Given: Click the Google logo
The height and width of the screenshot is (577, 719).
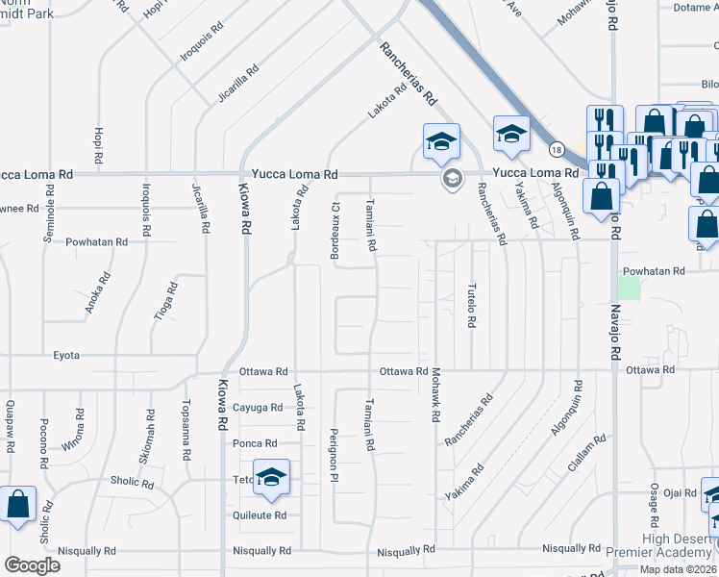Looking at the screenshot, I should pos(32,565).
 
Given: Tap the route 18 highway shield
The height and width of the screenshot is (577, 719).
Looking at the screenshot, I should pos(557,149).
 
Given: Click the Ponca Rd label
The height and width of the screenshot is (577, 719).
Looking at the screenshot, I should pos(255,443).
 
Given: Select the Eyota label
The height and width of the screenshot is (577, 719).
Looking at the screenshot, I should pos(65,355).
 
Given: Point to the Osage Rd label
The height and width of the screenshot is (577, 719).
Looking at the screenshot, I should pos(654,504).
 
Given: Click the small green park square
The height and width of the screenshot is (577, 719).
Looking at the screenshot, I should pos(629,287).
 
